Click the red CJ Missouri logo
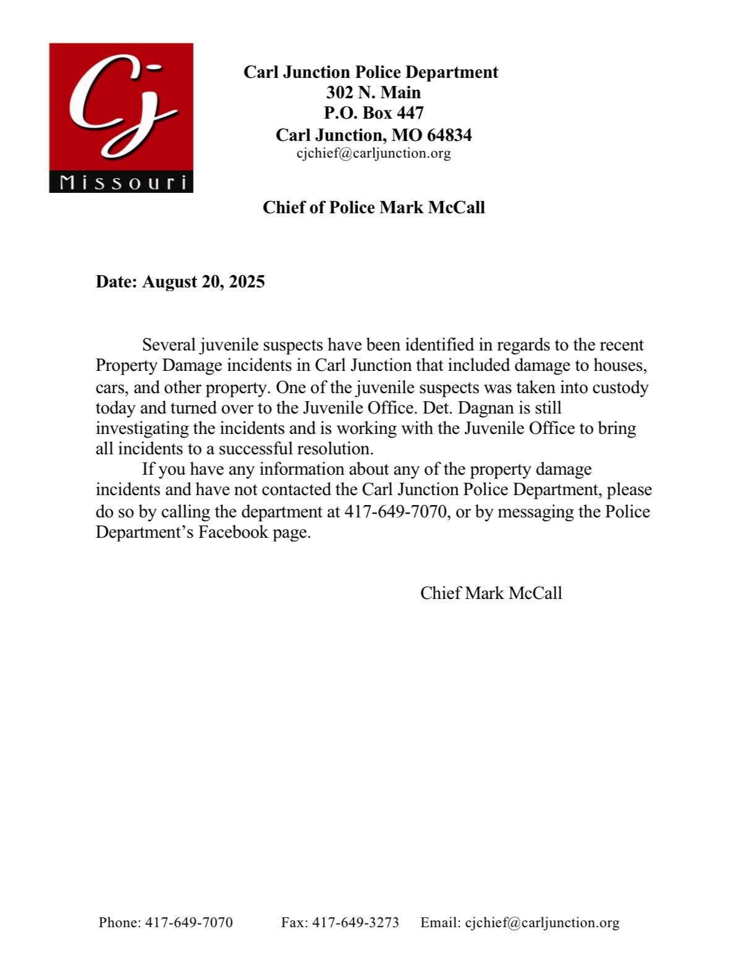tap(121, 108)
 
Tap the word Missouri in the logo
tap(122, 182)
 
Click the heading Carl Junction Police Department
tap(371, 72)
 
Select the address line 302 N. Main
tap(373, 93)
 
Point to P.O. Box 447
tap(373, 113)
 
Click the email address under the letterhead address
tap(373, 153)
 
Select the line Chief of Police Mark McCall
tap(373, 208)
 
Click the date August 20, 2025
tap(204, 282)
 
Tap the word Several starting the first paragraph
tap(169, 345)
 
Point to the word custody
tap(621, 388)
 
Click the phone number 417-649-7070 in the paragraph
tap(395, 512)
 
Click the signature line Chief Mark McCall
tap(491, 593)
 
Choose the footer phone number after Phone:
tap(189, 923)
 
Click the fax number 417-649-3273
tap(355, 923)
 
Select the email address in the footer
tap(542, 923)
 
